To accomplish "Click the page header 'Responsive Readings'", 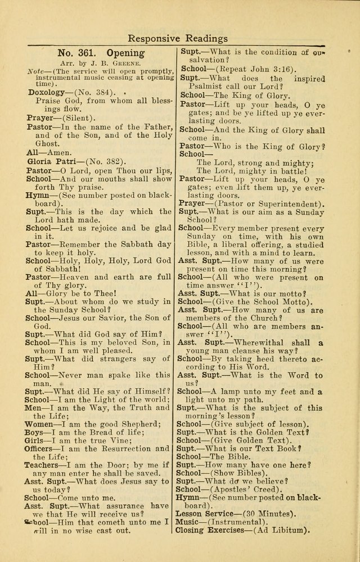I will point(177,38).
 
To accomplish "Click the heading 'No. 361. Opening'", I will point(101,53).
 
